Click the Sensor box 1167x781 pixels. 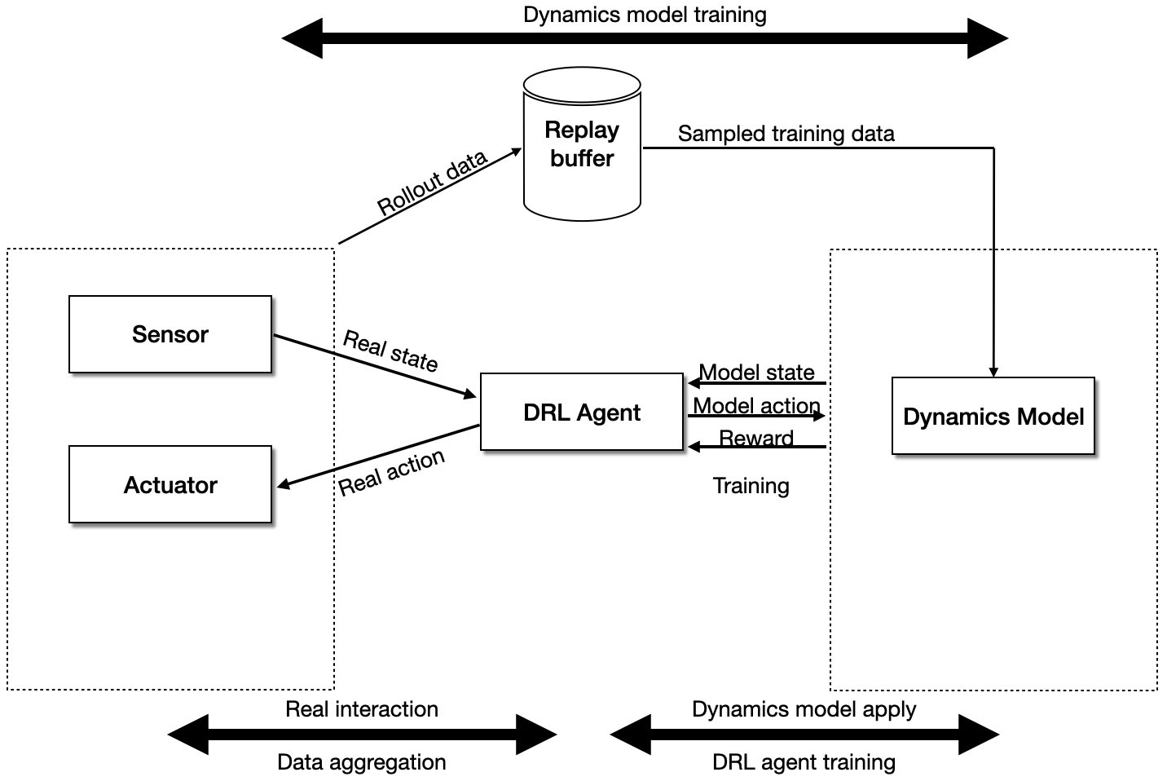(170, 334)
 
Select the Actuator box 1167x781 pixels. (170, 484)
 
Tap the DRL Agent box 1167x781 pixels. (581, 413)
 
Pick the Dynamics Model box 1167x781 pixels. (993, 417)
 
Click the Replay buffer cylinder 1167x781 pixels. (582, 145)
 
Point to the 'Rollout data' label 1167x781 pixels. (432, 183)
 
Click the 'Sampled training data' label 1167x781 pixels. (786, 134)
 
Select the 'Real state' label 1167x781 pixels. (390, 350)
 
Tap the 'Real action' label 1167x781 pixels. (391, 473)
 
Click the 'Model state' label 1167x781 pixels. (757, 373)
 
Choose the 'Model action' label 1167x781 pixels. (756, 405)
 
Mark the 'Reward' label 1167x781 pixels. (756, 439)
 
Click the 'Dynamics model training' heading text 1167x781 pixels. (645, 15)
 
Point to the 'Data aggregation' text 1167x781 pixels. (362, 762)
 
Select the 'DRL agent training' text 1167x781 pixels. (804, 762)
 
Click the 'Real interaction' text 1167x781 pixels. (362, 709)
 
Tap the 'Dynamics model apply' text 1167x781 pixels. (804, 709)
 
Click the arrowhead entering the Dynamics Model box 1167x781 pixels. (993, 372)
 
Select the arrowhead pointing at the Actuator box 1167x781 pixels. (282, 486)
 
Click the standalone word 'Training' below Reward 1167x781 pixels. (751, 486)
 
